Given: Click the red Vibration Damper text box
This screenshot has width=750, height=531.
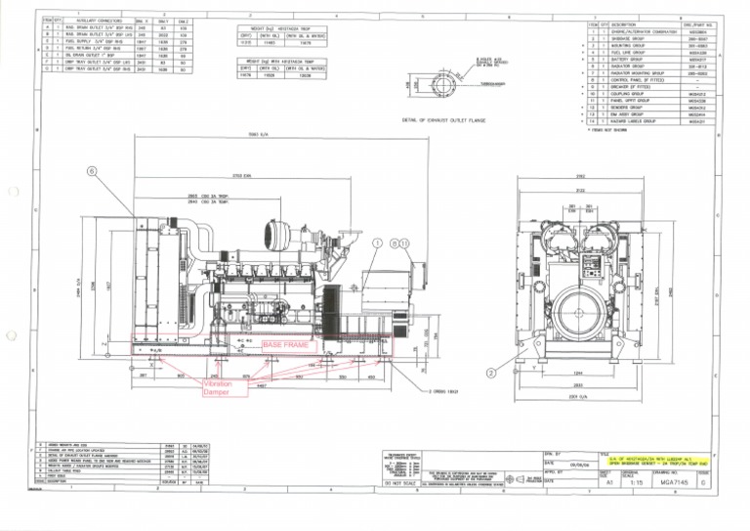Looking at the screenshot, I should pos(218,390).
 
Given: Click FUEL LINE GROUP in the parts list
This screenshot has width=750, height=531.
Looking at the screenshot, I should pos(626,53).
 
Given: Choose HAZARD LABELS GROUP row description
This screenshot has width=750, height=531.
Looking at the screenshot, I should pos(631,121).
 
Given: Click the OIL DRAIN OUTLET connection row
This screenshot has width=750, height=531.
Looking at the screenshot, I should pos(83,56).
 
